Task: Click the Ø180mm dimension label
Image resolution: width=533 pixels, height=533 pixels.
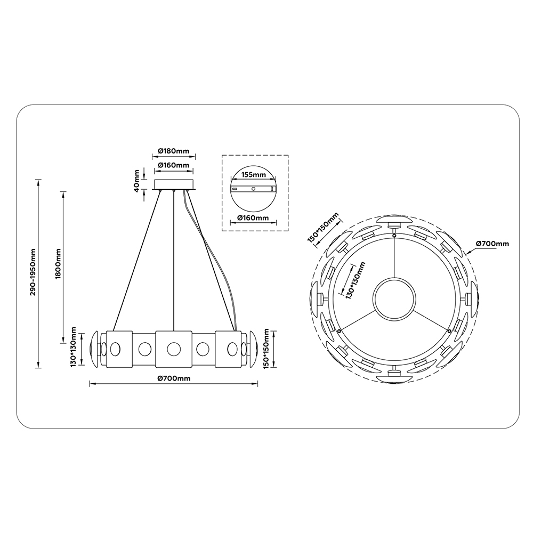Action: pos(174,151)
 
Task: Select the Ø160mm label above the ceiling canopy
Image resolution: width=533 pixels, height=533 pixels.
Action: pos(174,165)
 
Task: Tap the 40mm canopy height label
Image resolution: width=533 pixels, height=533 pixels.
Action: pos(136,181)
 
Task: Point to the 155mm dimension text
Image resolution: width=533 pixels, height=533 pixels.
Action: pos(253,175)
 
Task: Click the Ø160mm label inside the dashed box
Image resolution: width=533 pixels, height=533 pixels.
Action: pos(253,218)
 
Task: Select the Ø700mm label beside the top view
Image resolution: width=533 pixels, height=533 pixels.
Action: pos(492,244)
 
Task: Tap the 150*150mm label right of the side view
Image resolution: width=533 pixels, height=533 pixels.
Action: pos(266,349)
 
